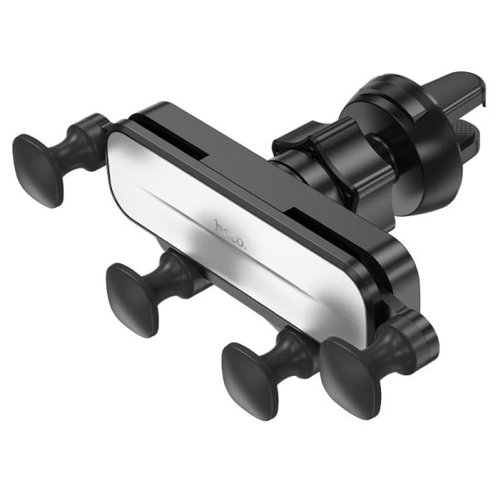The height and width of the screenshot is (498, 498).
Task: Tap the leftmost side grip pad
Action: click(x=38, y=169)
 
